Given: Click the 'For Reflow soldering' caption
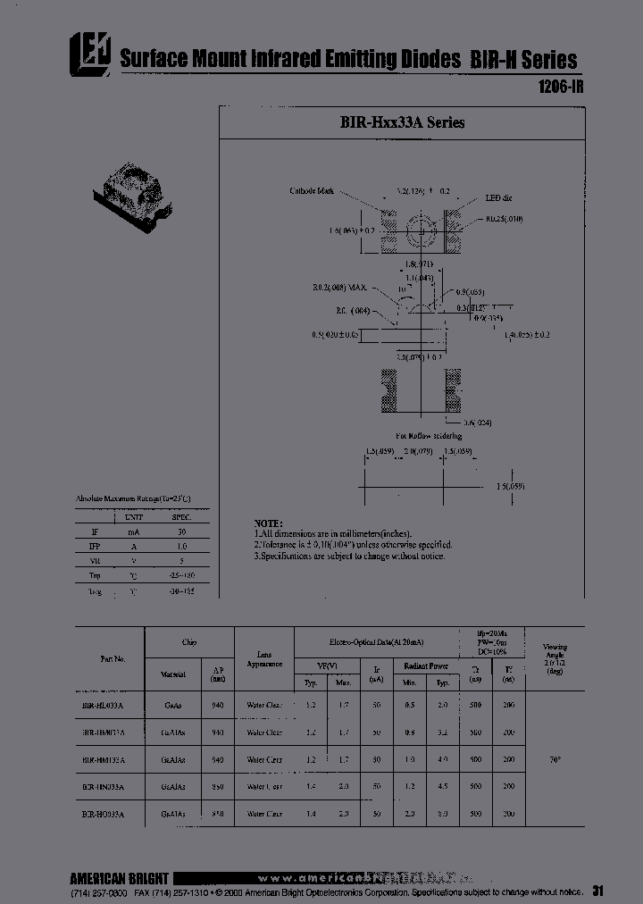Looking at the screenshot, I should tap(429, 435).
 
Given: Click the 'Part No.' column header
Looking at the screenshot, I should tap(113, 658).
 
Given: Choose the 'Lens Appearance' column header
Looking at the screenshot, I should tap(264, 658).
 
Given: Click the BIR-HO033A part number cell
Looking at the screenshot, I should tap(104, 815).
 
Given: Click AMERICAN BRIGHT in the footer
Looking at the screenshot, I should tap(119, 877).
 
